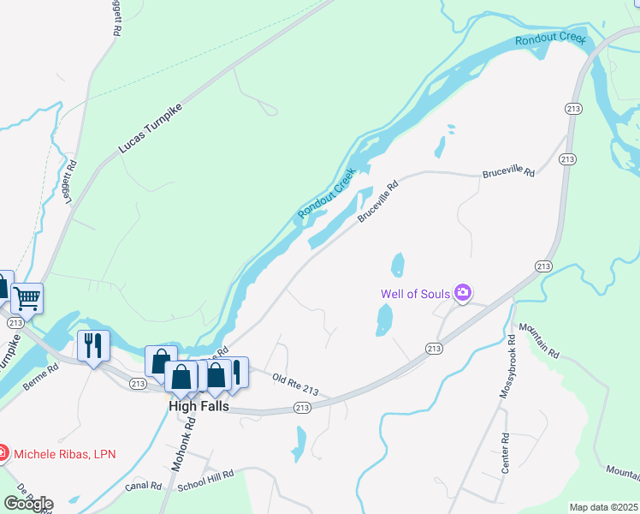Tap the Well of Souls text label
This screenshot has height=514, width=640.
(x=417, y=295)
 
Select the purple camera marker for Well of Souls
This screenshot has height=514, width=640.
(x=463, y=294)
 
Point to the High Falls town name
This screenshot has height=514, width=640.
(x=199, y=406)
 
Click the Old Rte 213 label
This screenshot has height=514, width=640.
(x=295, y=385)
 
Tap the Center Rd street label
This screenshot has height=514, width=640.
(x=506, y=453)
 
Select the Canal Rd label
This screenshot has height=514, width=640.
(x=143, y=487)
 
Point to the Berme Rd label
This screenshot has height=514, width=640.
(x=40, y=377)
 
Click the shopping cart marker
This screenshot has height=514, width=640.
(x=27, y=298)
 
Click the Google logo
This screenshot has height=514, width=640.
(x=27, y=504)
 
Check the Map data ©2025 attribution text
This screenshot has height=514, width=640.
(x=603, y=507)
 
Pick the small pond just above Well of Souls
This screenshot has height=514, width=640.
(x=397, y=265)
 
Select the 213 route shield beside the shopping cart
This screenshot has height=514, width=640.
(x=15, y=323)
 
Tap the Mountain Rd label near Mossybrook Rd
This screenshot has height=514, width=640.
(x=540, y=341)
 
